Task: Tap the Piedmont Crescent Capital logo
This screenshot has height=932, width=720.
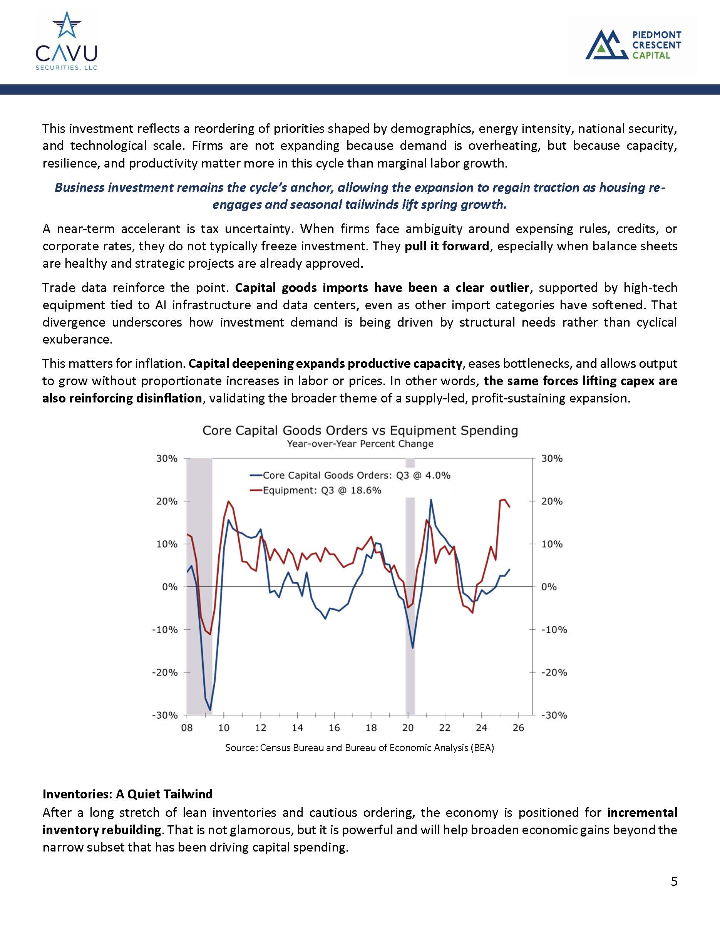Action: pos(633,45)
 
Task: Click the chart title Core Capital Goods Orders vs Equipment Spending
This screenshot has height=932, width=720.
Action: pos(360,431)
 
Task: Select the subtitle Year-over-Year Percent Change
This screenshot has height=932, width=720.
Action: pos(360,444)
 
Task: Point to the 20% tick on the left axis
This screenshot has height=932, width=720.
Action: pos(167,501)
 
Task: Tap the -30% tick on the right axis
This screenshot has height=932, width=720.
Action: pos(554,716)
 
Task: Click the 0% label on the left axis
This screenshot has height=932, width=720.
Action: pos(170,587)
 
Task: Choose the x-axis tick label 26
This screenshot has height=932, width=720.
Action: pos(518,728)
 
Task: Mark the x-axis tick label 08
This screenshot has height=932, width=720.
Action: pos(187,728)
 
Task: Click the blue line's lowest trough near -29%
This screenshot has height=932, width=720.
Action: pos(210,710)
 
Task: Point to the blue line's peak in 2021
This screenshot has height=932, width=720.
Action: pos(431,500)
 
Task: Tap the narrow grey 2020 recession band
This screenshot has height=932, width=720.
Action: pos(410,597)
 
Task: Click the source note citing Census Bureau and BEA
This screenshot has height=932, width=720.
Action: pos(360,748)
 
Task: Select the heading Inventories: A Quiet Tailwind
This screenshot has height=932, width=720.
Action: pos(127,794)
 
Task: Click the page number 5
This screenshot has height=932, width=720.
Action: pos(674,881)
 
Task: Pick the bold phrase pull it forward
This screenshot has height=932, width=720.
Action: pos(447,246)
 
